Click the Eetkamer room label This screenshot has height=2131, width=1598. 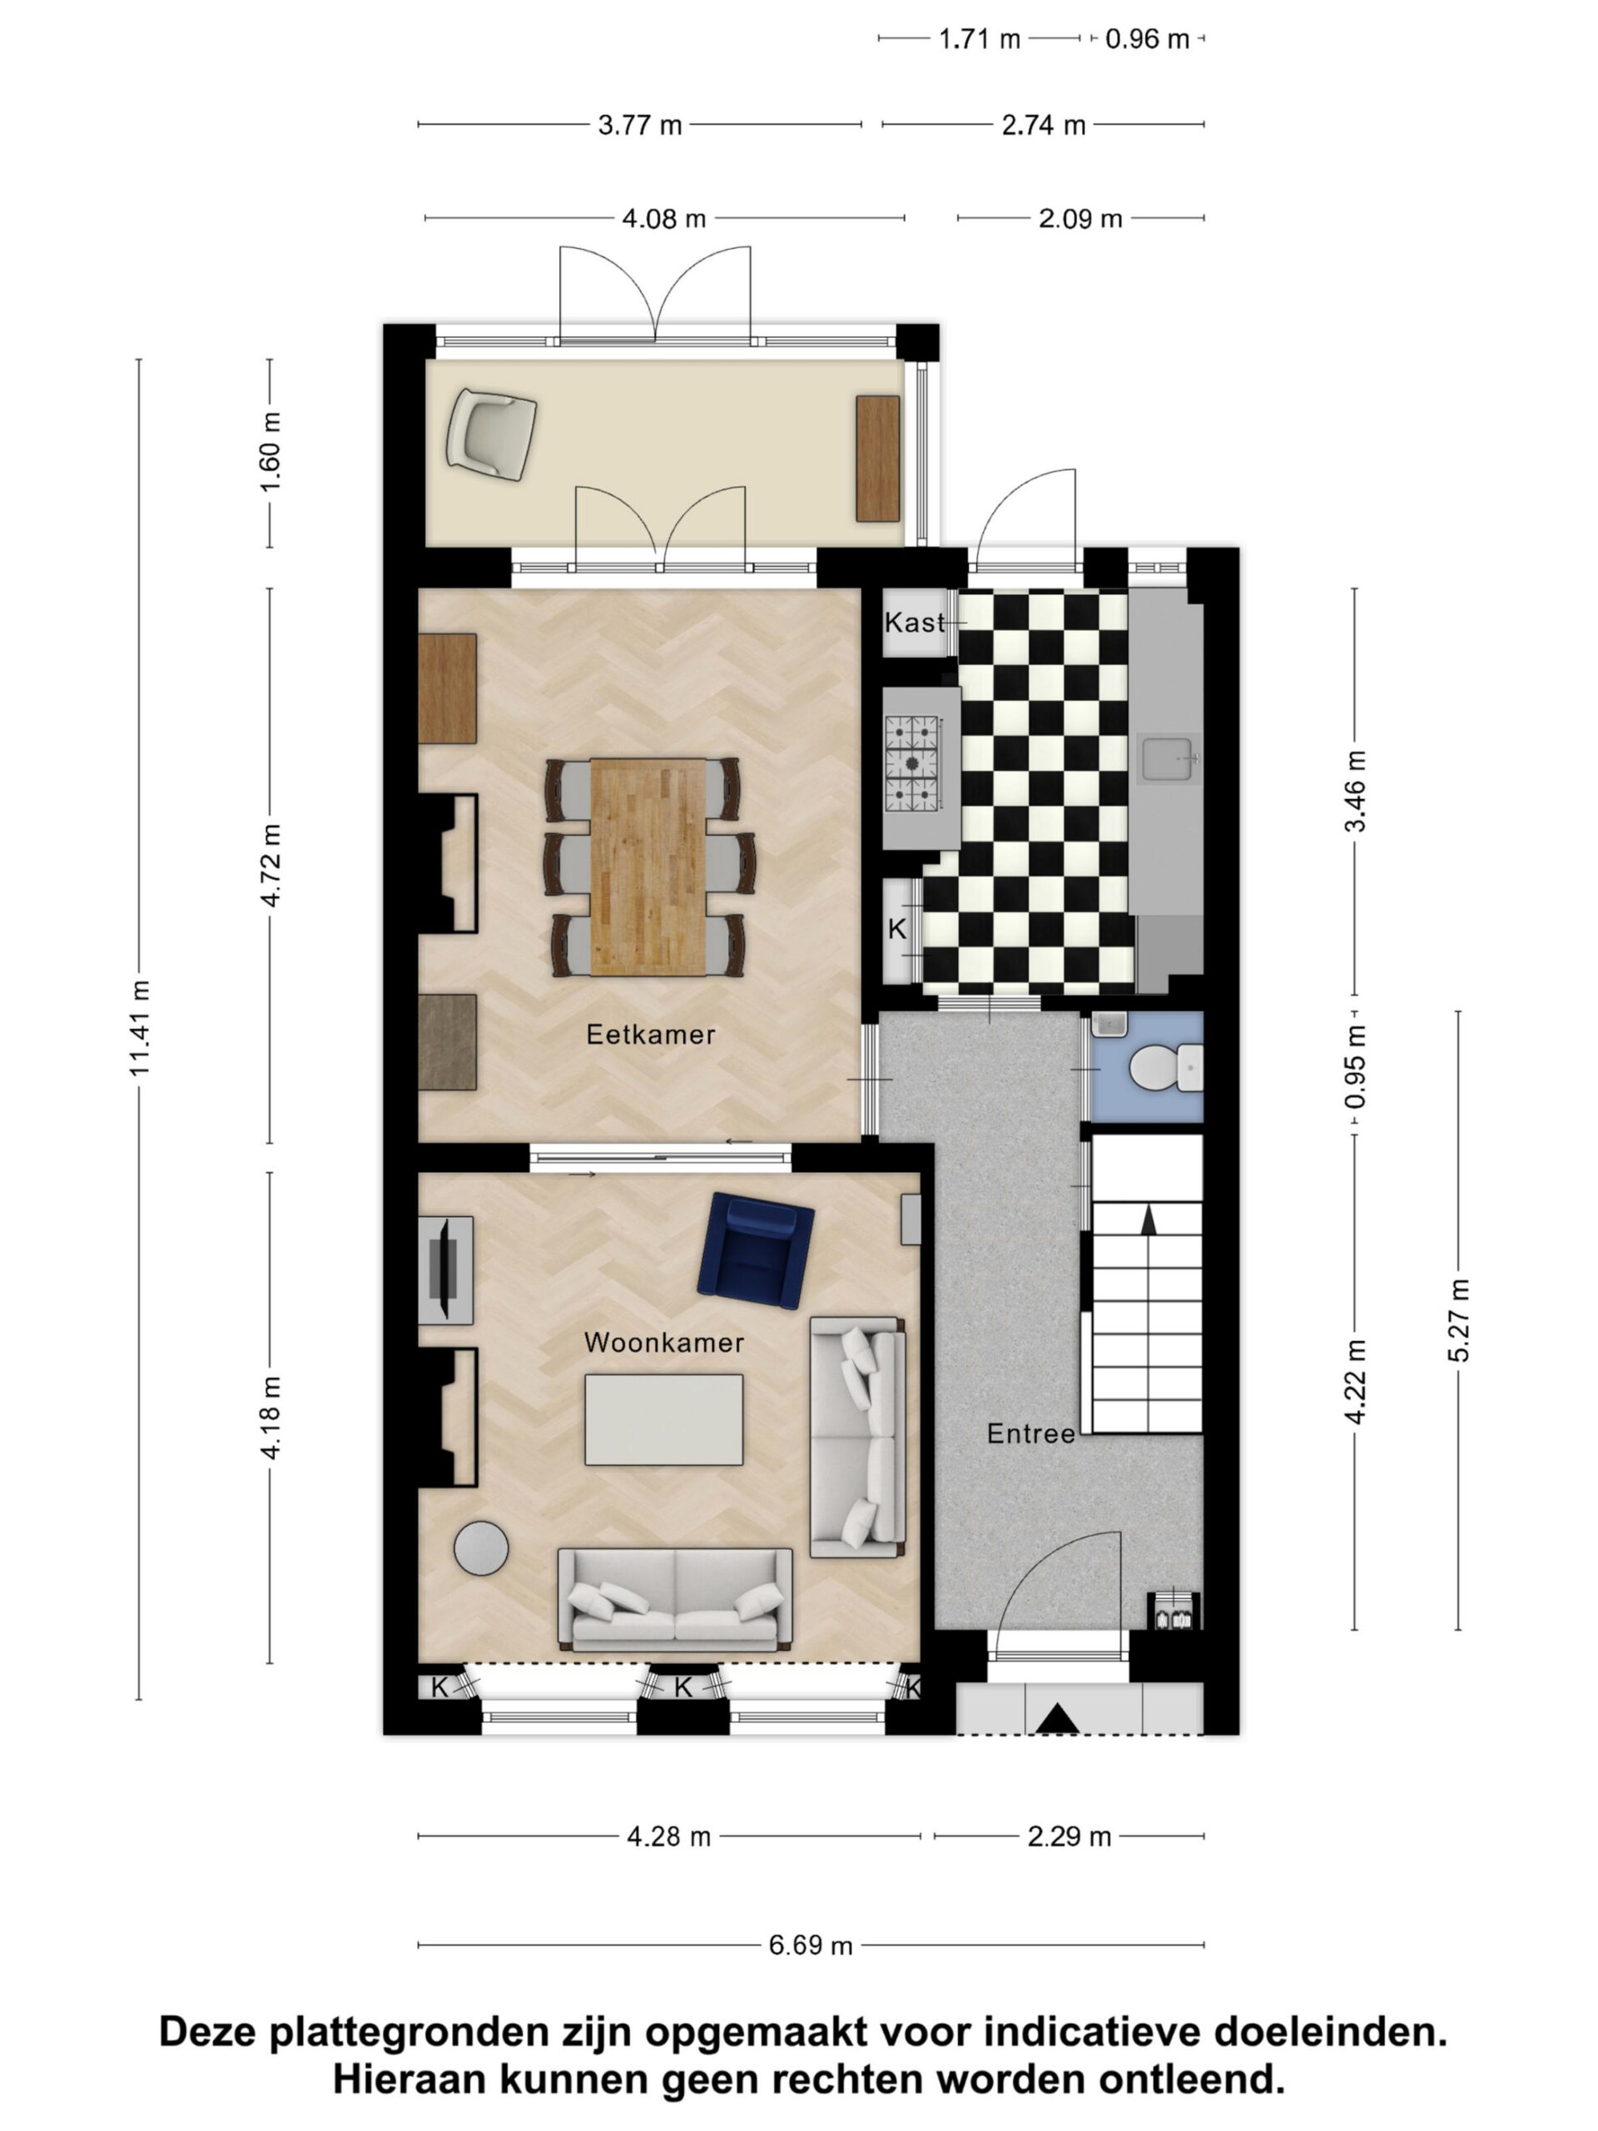click(x=650, y=1035)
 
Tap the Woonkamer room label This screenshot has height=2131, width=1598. click(x=663, y=1342)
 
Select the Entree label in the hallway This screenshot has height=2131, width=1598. click(x=1030, y=1433)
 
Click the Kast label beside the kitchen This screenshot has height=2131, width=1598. click(x=915, y=623)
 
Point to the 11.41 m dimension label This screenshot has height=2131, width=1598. click(x=140, y=1028)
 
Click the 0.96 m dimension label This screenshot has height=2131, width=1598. click(x=1146, y=38)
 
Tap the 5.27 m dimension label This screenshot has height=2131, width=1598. click(x=1458, y=1320)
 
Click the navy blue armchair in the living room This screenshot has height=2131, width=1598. click(x=755, y=1251)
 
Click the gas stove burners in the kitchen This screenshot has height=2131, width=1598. click(x=911, y=762)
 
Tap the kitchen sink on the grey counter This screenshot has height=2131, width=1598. click(x=1169, y=758)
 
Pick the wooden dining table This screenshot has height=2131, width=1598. click(x=648, y=867)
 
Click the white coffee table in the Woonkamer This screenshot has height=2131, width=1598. click(x=663, y=1419)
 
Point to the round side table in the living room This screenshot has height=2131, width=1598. click(x=482, y=1547)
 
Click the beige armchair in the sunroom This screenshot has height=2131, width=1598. click(x=491, y=434)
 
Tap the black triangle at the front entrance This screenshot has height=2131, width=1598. click(x=1057, y=1719)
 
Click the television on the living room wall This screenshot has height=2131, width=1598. click(x=446, y=1269)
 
